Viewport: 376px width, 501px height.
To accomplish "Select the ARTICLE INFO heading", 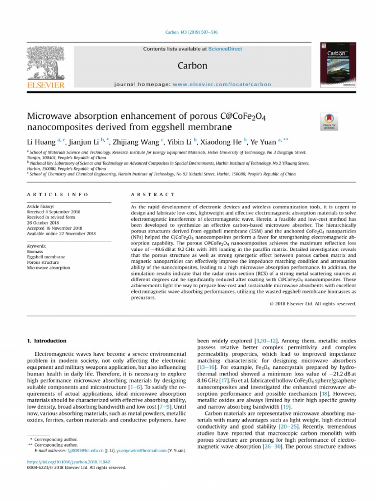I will (58, 194).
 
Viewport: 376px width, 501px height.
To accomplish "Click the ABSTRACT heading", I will (152, 194).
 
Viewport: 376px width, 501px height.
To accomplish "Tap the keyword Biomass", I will (35, 251).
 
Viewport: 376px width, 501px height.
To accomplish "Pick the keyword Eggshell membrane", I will (46, 256).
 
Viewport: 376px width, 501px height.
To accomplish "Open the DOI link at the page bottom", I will (68, 461).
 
